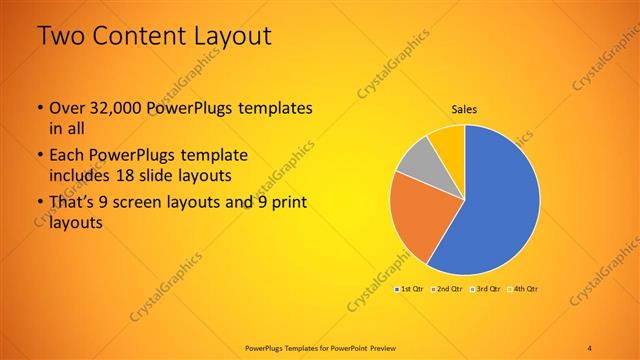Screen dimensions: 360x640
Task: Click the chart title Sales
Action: [x=465, y=109]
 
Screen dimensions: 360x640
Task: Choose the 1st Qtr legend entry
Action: [x=411, y=289]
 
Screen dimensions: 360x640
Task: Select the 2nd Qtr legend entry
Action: [x=447, y=289]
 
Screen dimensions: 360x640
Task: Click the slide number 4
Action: [x=590, y=347]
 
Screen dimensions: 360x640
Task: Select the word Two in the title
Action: [x=57, y=37]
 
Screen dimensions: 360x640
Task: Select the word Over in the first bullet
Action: [x=66, y=107]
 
